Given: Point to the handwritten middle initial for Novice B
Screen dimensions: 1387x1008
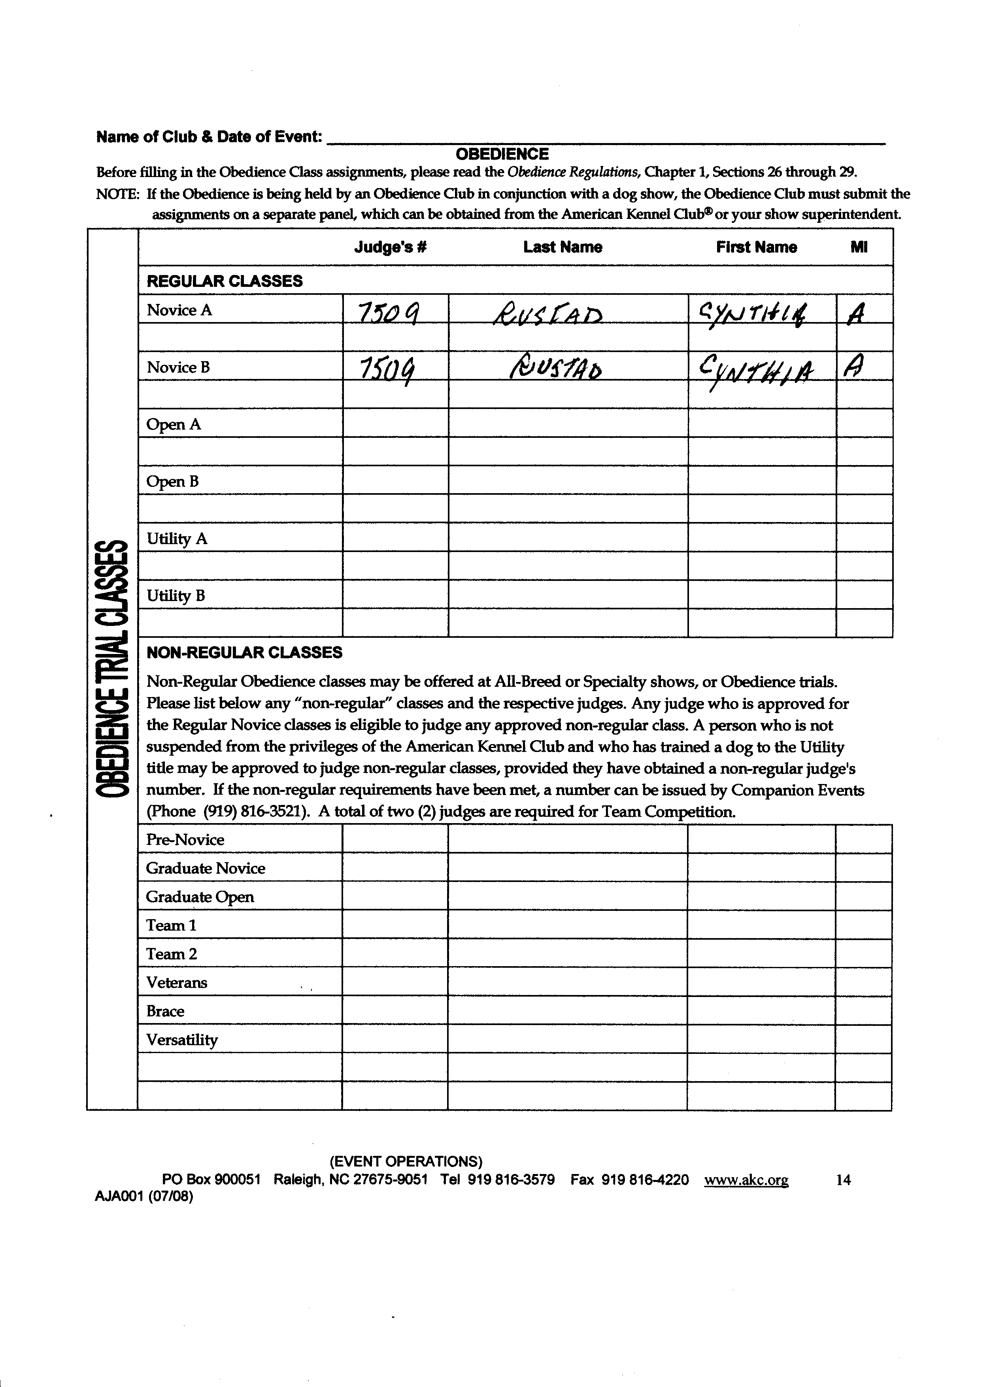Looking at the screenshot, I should (x=854, y=368).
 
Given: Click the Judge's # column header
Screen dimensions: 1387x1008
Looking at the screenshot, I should (x=390, y=247).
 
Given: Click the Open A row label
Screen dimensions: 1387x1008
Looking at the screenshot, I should (x=174, y=424).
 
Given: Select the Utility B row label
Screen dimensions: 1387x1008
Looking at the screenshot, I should (x=176, y=596).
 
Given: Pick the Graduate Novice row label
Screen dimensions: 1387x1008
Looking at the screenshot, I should (x=206, y=869).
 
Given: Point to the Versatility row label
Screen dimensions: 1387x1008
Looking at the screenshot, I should (x=182, y=1040).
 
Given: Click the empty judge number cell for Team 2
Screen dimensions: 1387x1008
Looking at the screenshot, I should (x=395, y=954).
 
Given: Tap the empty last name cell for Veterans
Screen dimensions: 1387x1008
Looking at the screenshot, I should (x=567, y=982).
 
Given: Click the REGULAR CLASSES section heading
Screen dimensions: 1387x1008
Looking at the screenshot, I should (x=225, y=281).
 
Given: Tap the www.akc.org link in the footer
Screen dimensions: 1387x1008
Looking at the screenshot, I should (x=746, y=1180).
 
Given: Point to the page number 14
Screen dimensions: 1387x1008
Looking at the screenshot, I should (x=843, y=1180).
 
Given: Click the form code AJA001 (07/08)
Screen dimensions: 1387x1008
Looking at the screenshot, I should (x=144, y=1197).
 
